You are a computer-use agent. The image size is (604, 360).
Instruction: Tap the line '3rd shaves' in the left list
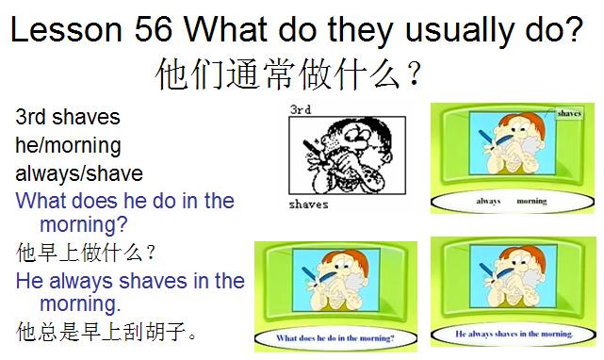coord(68,118)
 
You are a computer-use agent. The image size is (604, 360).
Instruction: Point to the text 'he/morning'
coord(68,146)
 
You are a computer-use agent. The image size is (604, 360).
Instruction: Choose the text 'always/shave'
coord(79,173)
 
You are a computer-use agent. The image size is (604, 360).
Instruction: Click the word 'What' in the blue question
coord(41,201)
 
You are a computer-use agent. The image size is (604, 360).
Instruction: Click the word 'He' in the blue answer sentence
coord(30,280)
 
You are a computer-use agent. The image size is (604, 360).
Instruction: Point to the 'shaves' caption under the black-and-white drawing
coord(309,204)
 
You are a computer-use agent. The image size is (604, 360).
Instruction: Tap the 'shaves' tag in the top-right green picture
coord(569,113)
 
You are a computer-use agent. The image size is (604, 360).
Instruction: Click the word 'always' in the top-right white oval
coord(488,201)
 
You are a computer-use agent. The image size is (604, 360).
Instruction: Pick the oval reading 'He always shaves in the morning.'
coord(514,334)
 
